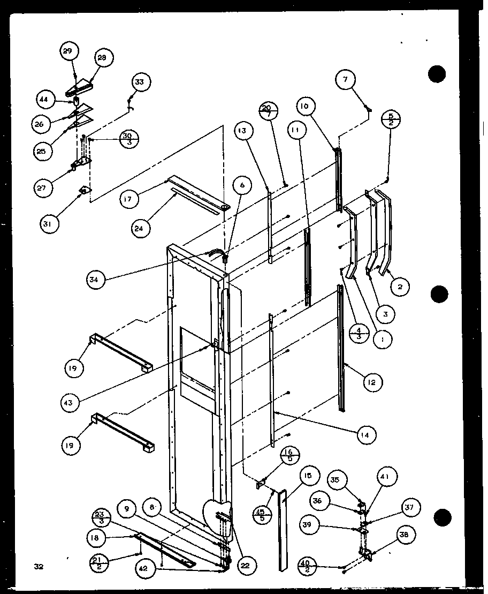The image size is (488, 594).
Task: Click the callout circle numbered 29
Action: click(x=68, y=51)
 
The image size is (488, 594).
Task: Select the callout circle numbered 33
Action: click(x=140, y=82)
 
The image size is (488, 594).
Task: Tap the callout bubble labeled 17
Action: click(x=129, y=199)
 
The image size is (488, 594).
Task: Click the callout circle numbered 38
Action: click(x=404, y=535)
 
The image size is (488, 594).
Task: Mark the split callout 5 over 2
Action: click(x=390, y=119)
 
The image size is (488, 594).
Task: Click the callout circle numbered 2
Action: click(x=400, y=287)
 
